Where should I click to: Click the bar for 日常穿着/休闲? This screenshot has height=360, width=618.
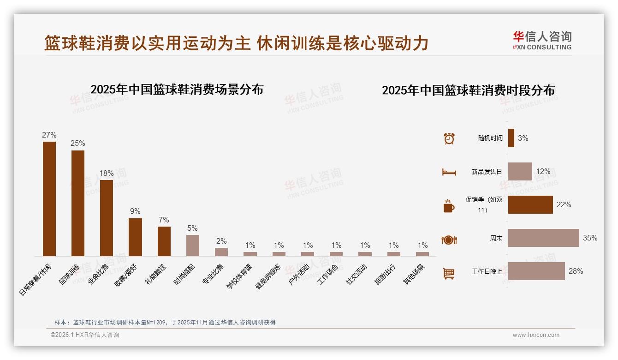click(x=49, y=198)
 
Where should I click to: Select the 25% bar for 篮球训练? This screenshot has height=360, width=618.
click(x=78, y=203)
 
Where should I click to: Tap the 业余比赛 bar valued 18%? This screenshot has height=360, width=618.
click(x=107, y=218)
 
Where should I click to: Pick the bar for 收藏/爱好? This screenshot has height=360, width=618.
click(x=135, y=237)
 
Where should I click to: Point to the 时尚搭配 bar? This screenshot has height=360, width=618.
click(x=193, y=245)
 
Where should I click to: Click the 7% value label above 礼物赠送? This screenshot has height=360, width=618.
click(x=164, y=220)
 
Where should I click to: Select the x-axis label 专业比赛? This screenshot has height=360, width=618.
click(x=213, y=275)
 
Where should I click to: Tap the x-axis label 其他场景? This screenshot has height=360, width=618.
click(x=414, y=275)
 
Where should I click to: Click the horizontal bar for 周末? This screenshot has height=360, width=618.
click(x=543, y=238)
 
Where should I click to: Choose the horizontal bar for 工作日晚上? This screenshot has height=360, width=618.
click(x=536, y=271)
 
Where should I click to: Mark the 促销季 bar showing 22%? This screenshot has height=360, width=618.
click(x=530, y=205)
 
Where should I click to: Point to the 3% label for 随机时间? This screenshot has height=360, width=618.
click(x=523, y=138)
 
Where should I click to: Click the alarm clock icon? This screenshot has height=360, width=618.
click(x=449, y=138)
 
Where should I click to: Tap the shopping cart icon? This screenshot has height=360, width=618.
click(x=449, y=274)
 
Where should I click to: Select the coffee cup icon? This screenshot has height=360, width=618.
click(x=449, y=206)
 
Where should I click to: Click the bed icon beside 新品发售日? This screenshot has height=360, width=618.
click(x=449, y=172)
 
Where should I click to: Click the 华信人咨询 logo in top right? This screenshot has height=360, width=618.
click(x=542, y=40)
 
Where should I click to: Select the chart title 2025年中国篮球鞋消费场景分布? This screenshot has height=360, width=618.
click(x=177, y=90)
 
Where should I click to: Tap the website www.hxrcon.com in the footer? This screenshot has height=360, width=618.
click(x=536, y=335)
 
